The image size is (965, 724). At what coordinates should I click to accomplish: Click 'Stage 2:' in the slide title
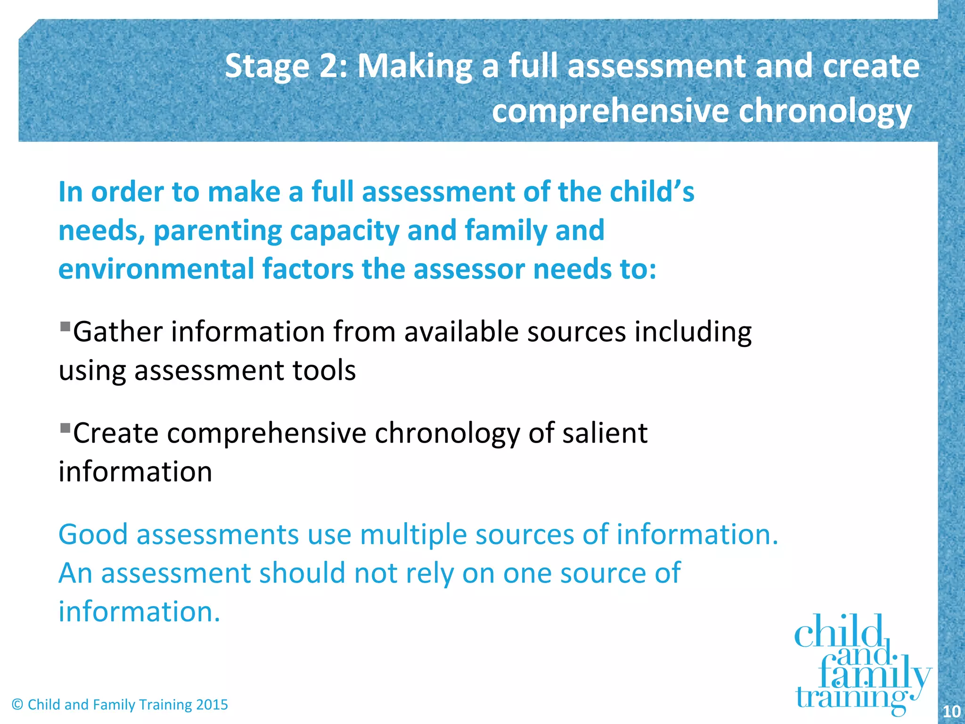286,66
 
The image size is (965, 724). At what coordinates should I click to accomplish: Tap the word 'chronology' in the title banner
825,111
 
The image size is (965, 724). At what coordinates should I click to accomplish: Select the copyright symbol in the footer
17,705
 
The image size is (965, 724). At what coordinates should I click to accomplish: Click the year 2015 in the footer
212,705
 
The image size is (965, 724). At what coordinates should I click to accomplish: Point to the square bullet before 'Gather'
65,326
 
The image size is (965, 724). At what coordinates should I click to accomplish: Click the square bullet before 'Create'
65,428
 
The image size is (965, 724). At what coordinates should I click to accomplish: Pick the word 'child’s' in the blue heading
652,192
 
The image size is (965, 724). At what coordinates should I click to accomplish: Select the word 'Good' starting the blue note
93,535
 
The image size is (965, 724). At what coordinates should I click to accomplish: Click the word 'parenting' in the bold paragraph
217,231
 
